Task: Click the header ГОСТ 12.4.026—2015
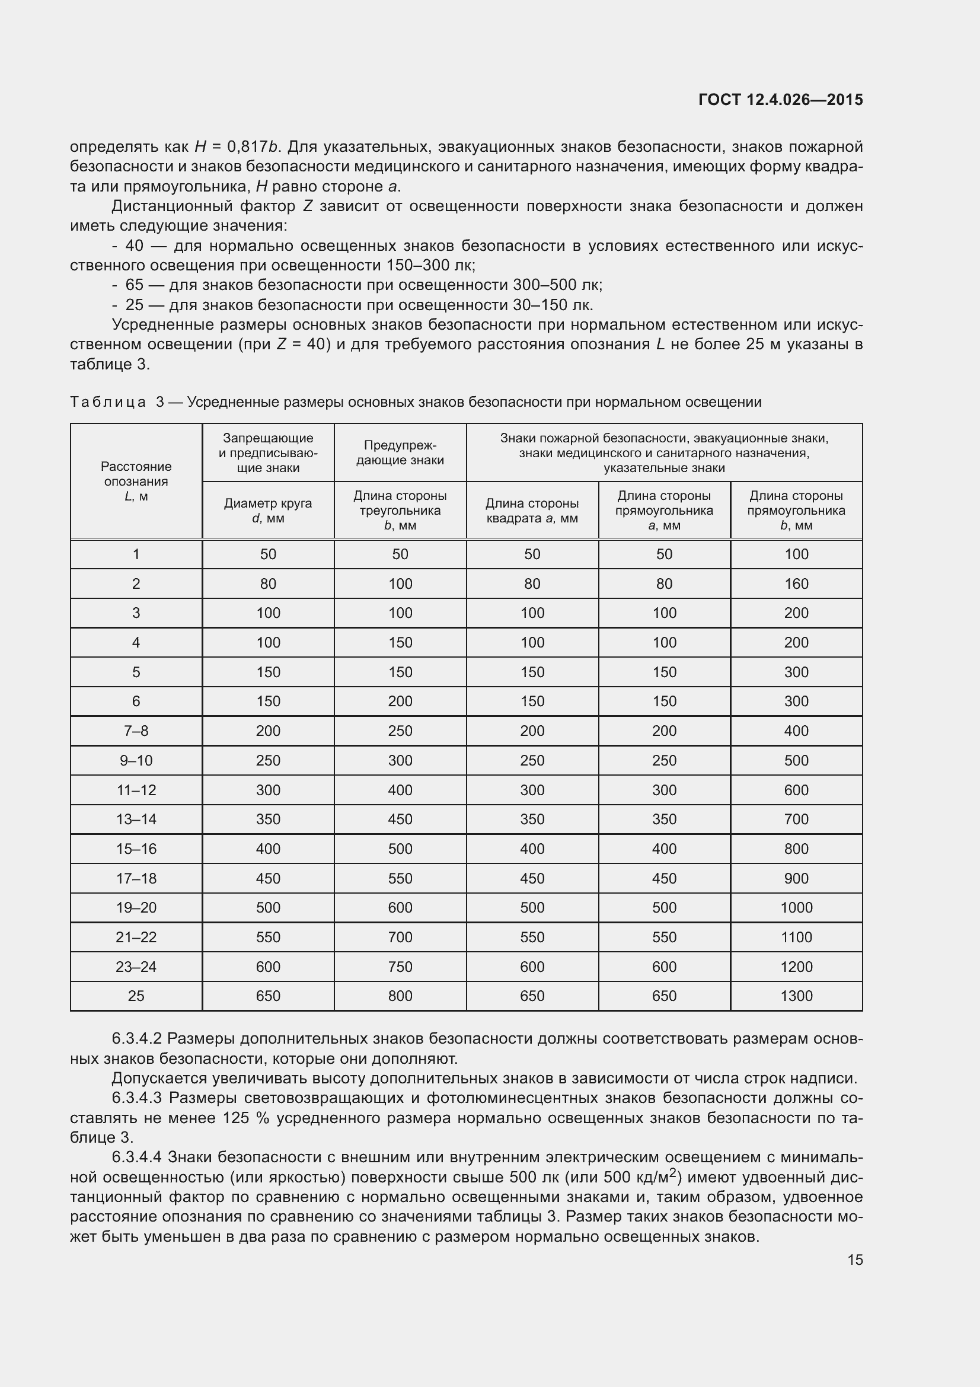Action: [780, 100]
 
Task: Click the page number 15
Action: [855, 1260]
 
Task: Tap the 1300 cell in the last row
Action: [796, 996]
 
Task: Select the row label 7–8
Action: [136, 731]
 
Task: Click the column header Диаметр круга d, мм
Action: [268, 511]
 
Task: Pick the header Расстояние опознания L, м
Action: [136, 481]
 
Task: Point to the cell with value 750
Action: [400, 967]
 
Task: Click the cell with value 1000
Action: [796, 907]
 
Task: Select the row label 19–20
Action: [136, 907]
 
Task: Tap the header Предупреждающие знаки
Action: [400, 452]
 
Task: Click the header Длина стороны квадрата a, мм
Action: [532, 511]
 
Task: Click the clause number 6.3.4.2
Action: [137, 1038]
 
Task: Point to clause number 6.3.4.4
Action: [137, 1157]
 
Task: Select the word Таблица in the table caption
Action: [108, 401]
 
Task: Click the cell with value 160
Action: [796, 584]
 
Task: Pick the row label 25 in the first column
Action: [136, 996]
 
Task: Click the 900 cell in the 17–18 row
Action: [796, 878]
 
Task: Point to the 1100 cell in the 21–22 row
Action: [796, 937]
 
